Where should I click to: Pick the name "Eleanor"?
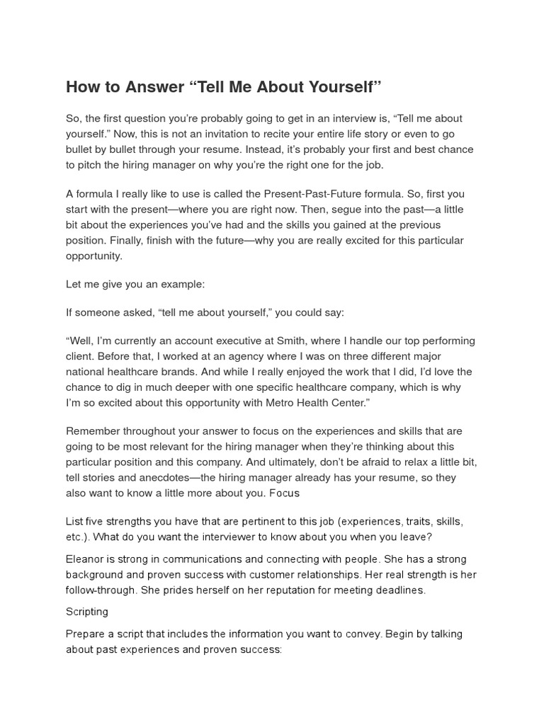point(86,559)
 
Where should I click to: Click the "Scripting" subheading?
point(87,611)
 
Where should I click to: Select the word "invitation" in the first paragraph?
point(218,134)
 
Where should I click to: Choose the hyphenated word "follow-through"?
point(101,590)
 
